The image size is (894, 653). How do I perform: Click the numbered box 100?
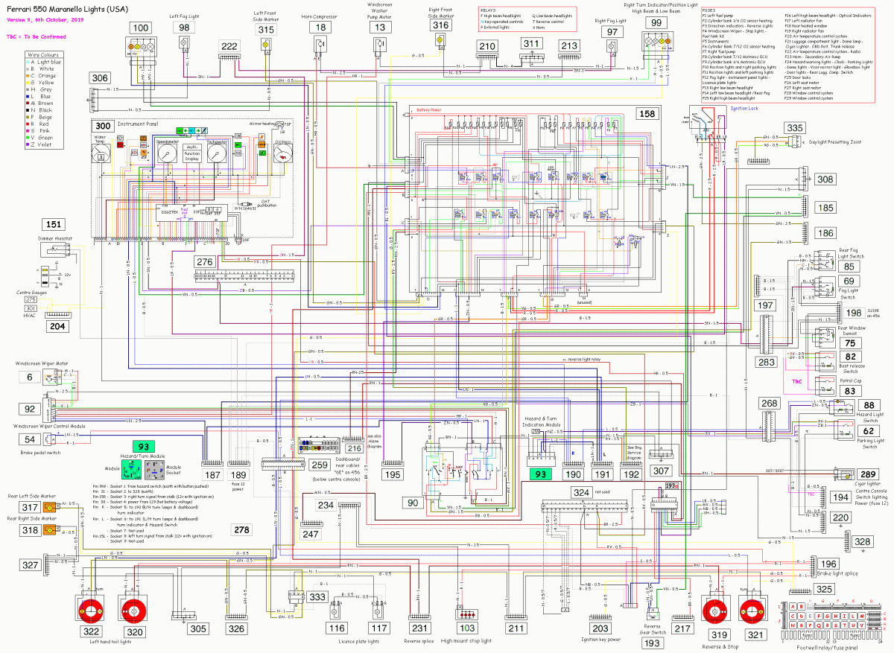coord(140,28)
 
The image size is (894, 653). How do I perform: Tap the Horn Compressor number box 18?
coord(320,28)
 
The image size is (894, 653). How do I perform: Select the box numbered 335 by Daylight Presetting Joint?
coord(795,129)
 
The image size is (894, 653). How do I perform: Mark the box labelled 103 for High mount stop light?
coord(467,628)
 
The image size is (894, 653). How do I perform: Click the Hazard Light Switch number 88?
coord(869,404)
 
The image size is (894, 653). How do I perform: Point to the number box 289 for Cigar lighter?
coord(869,474)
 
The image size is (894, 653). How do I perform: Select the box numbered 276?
coord(206,261)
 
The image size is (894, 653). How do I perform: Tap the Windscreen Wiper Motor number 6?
coord(30,378)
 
